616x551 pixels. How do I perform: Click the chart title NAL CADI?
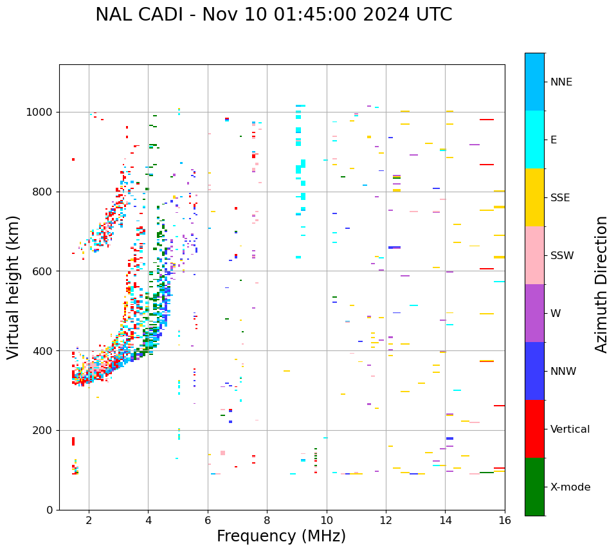click(273, 15)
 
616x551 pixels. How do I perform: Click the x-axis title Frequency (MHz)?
click(281, 536)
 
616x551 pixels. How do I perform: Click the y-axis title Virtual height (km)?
click(14, 287)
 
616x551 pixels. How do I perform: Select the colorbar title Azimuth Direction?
click(601, 284)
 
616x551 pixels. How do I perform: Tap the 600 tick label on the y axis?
click(45, 271)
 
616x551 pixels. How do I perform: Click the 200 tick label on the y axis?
click(45, 430)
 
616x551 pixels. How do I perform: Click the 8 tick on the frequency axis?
click(267, 519)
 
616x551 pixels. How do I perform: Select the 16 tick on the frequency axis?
click(505, 519)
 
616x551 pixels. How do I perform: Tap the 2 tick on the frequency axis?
click(89, 519)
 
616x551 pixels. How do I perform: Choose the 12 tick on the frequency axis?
click(386, 519)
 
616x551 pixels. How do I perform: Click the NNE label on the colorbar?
click(561, 82)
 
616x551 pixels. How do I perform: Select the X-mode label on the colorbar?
click(570, 487)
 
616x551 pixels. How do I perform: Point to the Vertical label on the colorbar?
click(570, 429)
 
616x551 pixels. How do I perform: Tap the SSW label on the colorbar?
click(562, 256)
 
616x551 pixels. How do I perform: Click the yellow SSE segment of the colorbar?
click(534, 197)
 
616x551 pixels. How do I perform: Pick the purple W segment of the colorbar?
click(534, 313)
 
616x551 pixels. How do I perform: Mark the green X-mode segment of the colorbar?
click(534, 487)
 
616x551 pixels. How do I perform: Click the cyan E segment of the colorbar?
click(534, 140)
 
